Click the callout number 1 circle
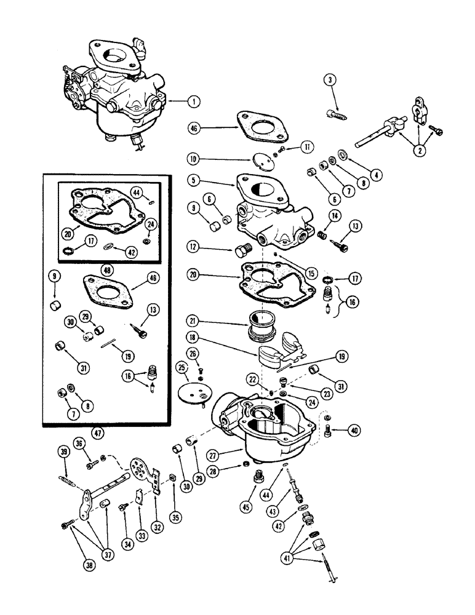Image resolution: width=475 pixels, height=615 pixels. click(194, 101)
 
